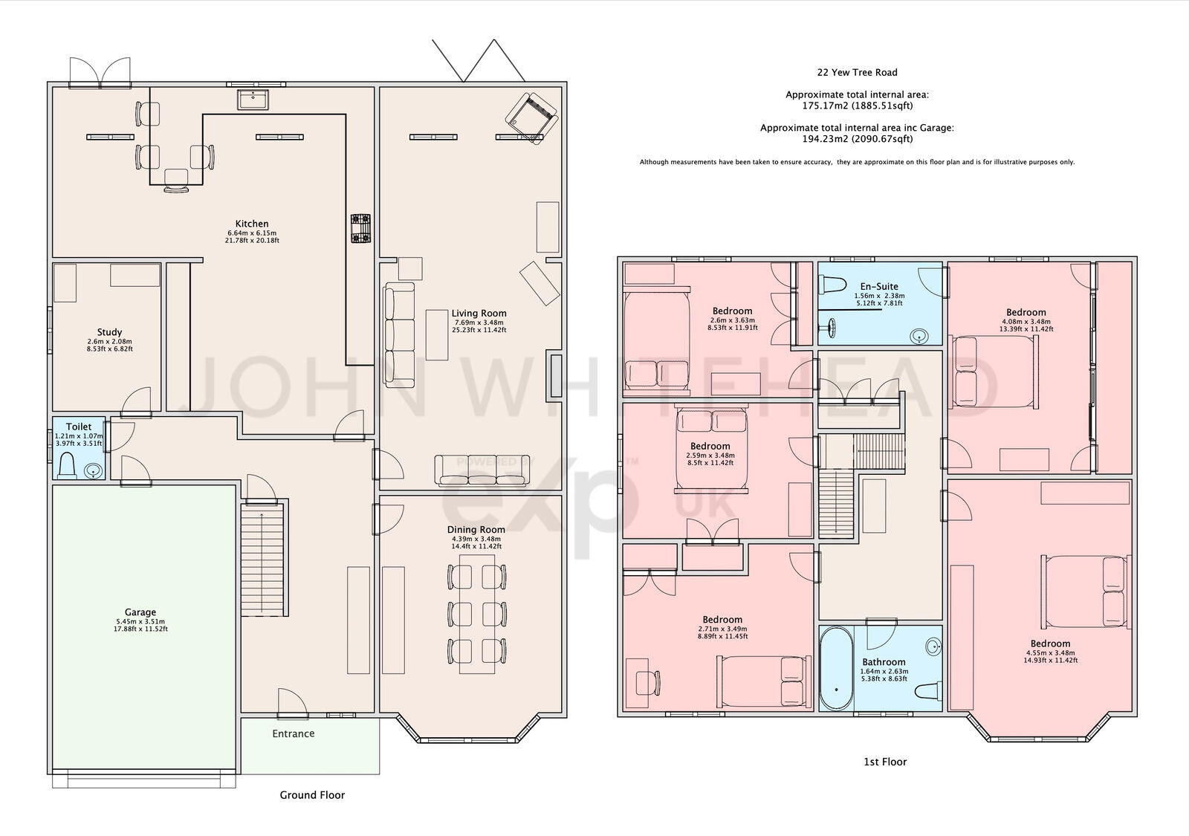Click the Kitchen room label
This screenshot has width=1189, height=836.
coord(252,224)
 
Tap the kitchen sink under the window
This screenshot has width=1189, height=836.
coord(253,100)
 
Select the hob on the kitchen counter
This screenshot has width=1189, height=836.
coord(360,229)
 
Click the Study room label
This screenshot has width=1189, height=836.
coord(109,333)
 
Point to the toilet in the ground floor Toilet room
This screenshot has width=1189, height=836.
coord(68,465)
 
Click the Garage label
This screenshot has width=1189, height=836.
coord(140,612)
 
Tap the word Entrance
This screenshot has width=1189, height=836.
coord(294,733)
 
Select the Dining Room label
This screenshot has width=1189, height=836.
coord(476,530)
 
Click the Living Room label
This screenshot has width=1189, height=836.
coord(479,314)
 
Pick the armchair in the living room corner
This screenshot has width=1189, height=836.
coord(531,117)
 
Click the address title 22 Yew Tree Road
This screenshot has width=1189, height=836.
coord(858,73)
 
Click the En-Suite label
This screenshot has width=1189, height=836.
coord(879,287)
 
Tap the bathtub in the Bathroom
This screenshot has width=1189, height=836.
coord(836,668)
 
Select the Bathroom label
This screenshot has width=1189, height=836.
coord(884,662)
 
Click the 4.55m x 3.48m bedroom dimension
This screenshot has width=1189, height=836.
coord(1051,653)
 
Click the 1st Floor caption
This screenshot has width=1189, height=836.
coord(885,762)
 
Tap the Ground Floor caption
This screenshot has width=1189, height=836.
coord(312,795)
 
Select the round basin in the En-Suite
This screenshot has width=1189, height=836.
coord(919,336)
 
